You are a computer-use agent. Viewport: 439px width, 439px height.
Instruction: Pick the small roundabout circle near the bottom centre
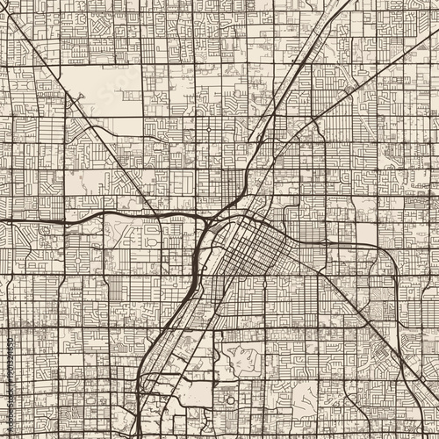pos(230,400)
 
